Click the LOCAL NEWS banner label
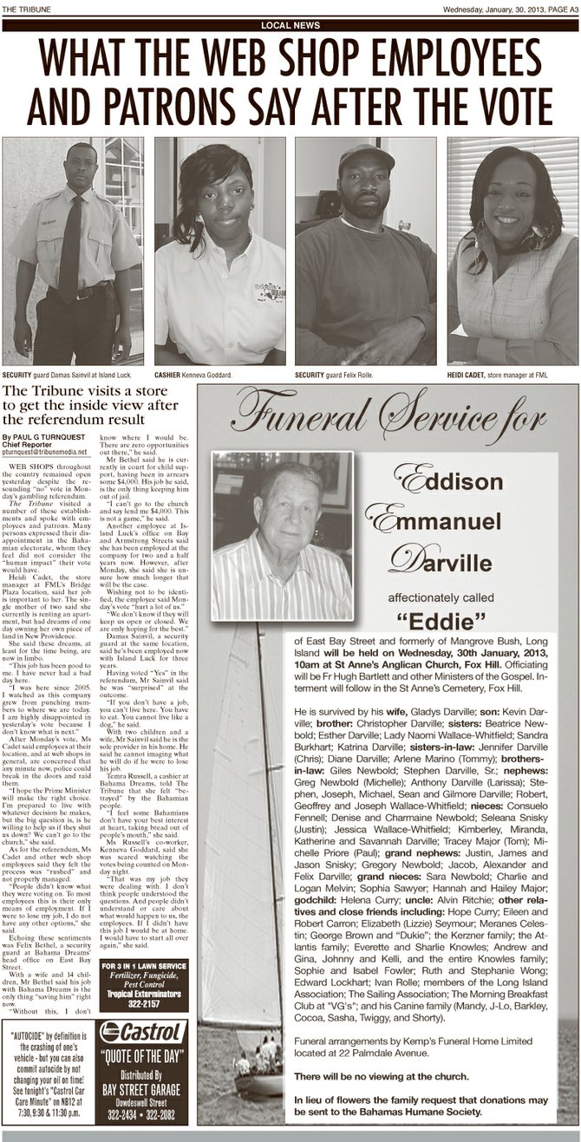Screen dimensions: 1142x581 290,26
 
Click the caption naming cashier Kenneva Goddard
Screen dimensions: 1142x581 199,375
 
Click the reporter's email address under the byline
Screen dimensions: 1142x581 45,451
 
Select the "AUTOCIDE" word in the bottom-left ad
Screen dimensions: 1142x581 34,1034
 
